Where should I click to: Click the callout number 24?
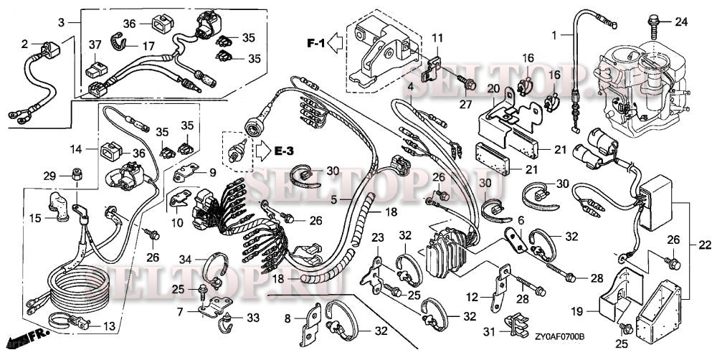680,21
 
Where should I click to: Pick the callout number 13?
109,326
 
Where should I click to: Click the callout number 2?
25,44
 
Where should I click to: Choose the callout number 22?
705,246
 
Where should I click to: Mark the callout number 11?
437,37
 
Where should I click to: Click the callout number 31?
488,331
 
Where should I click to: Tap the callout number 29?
49,176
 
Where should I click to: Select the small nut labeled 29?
75,176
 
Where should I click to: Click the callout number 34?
184,259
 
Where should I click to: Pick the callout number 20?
493,88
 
